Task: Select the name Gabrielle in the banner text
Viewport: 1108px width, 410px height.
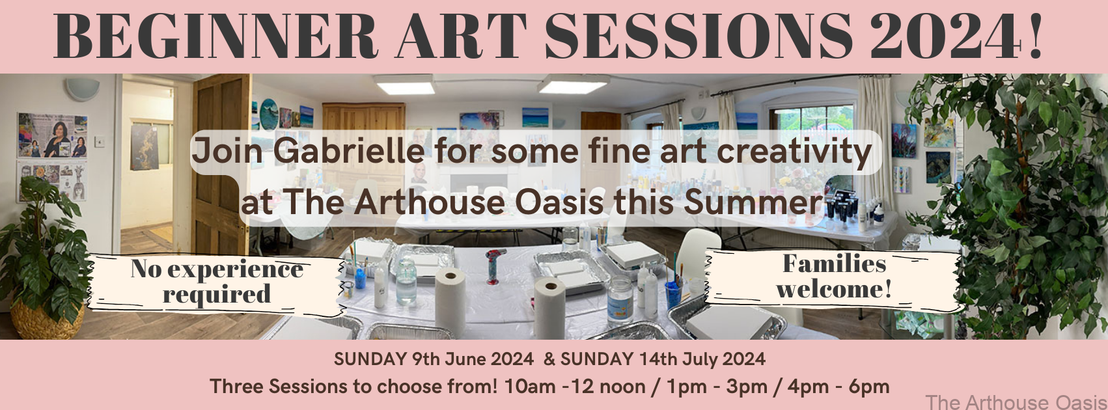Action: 349,151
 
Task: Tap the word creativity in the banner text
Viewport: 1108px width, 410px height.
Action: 794,152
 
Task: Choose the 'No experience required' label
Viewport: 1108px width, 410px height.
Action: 217,282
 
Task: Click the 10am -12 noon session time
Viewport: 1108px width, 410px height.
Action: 574,387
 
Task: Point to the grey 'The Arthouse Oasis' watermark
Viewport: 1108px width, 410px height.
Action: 1016,402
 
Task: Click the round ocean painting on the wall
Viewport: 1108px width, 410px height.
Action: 269,114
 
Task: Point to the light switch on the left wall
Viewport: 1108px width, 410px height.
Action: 100,141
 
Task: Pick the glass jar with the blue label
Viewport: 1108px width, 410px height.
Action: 620,299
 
